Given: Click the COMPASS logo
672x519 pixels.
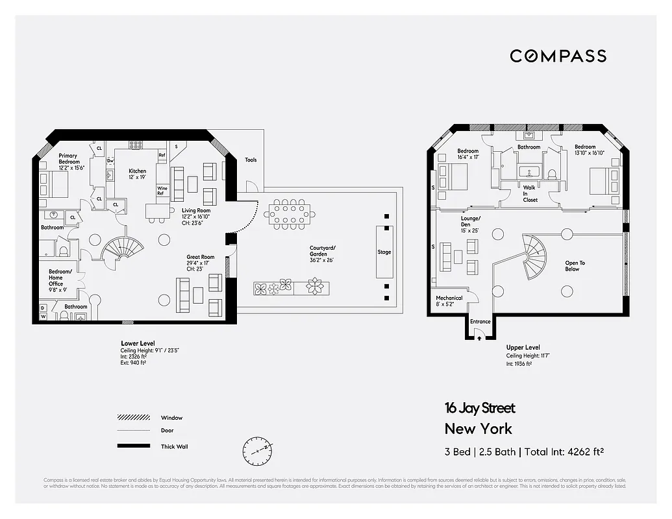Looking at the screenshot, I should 558,56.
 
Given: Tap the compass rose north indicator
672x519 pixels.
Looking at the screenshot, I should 258,448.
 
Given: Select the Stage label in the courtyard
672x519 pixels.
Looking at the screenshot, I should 384,252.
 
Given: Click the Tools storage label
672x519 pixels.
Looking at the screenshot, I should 251,160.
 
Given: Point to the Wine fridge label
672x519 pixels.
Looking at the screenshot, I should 162,190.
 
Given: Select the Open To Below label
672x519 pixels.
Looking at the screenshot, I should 575,266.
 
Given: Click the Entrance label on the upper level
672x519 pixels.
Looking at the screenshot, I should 480,322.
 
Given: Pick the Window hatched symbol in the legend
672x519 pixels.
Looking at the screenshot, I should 133,417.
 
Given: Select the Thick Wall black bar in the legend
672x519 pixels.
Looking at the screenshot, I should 133,446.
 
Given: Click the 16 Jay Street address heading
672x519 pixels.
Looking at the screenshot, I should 480,408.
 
